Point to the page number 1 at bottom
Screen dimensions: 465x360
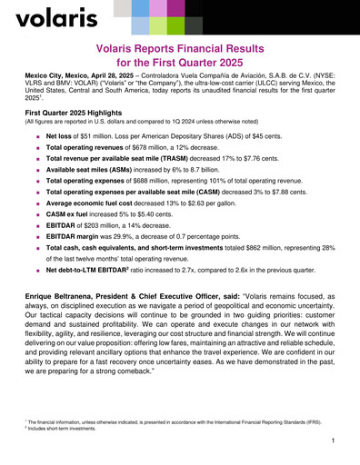click(x=335, y=440)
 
